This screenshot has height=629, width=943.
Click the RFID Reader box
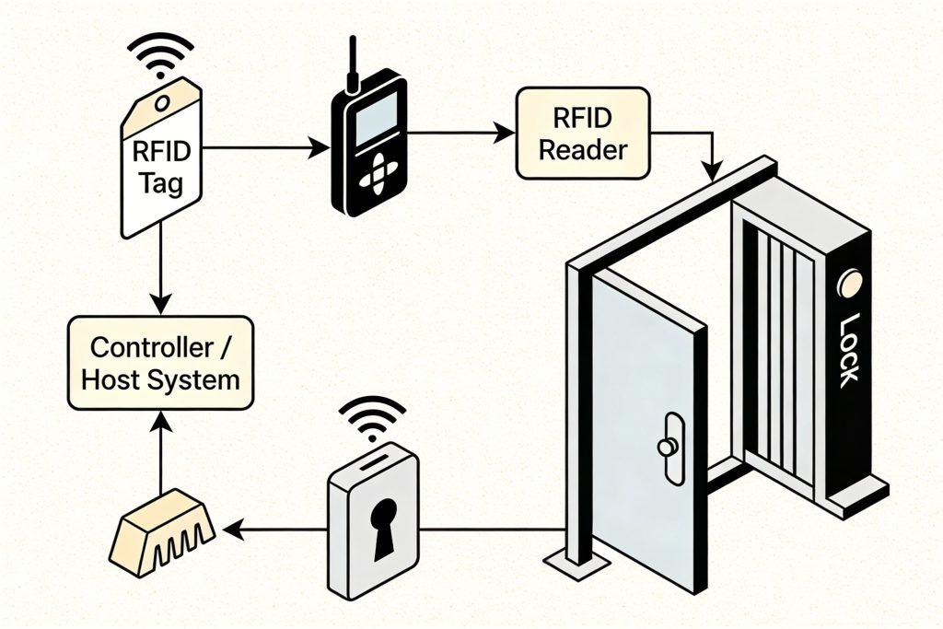tap(583, 133)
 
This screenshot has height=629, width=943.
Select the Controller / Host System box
tap(160, 364)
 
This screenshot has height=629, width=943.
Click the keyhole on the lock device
tap(381, 526)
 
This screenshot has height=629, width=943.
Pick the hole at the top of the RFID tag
tap(163, 98)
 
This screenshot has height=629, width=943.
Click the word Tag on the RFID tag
tap(162, 183)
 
